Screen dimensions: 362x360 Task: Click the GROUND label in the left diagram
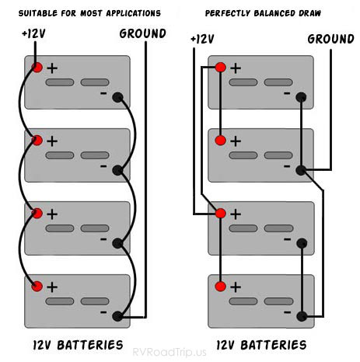pos(142,33)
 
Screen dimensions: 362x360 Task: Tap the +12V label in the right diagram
pos(201,39)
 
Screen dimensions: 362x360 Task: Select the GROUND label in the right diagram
pos(331,39)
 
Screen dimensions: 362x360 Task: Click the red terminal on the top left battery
pos(37,68)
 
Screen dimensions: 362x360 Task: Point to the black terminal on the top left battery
pos(117,98)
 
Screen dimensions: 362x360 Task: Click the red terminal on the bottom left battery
pos(37,287)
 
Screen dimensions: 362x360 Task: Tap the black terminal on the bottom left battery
pos(117,316)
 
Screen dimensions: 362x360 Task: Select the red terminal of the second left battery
pos(37,141)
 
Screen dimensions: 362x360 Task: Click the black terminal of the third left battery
pos(117,243)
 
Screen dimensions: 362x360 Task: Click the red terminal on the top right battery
pos(221,68)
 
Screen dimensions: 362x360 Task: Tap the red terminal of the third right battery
pos(221,213)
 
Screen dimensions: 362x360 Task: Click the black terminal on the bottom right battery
pos(301,316)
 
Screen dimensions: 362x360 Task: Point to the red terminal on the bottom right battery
pos(221,287)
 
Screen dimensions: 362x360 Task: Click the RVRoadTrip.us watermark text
pos(180,351)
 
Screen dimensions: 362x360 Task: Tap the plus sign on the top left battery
pos(52,68)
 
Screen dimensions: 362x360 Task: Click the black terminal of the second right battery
pos(301,169)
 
